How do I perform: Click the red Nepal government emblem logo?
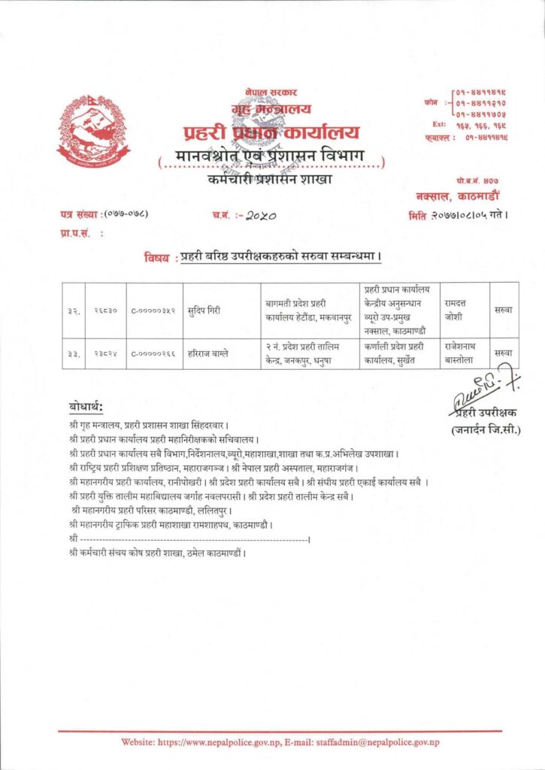tap(92, 131)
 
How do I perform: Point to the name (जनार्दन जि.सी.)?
tap(486, 430)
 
